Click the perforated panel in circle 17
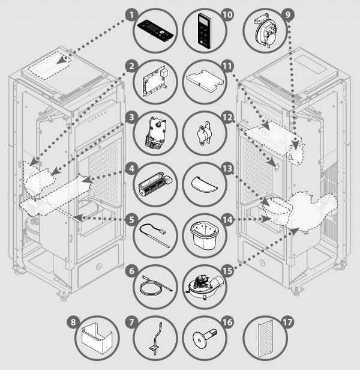click(266, 341)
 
